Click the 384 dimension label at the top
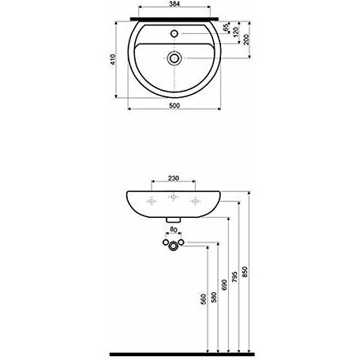pyautogui.click(x=174, y=4)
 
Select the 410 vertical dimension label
pyautogui.click(x=113, y=59)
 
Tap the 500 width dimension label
pyautogui.click(x=174, y=106)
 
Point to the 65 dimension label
pyautogui.click(x=226, y=28)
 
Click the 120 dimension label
pyautogui.click(x=236, y=32)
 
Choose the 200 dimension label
pyautogui.click(x=246, y=39)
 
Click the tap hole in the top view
pyautogui.click(x=174, y=34)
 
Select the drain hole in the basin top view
pyautogui.click(x=174, y=58)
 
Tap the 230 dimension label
pyautogui.click(x=174, y=178)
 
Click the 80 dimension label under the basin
pyautogui.click(x=173, y=230)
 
